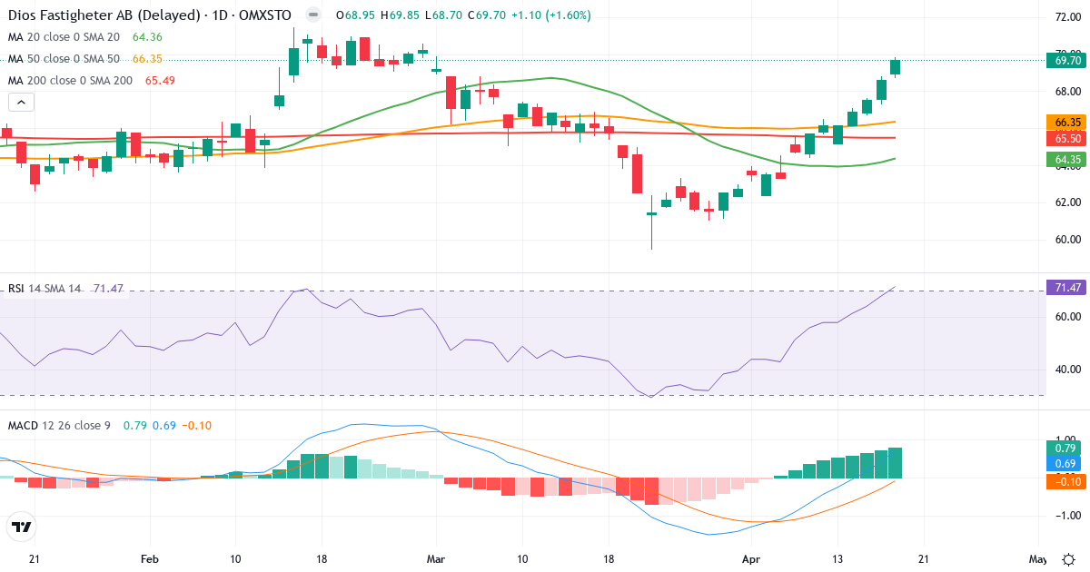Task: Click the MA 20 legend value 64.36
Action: click(146, 37)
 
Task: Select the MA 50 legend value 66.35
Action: click(146, 59)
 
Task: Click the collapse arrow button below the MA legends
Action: click(21, 102)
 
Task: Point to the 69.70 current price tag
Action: click(1064, 61)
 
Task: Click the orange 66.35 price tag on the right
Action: click(1064, 122)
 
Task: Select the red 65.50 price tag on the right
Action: click(1064, 138)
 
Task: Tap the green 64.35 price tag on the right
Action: click(1064, 160)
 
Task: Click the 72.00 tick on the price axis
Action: click(1062, 17)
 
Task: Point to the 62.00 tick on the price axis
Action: click(1062, 202)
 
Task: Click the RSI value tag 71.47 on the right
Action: click(1064, 288)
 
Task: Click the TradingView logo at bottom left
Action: click(22, 527)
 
